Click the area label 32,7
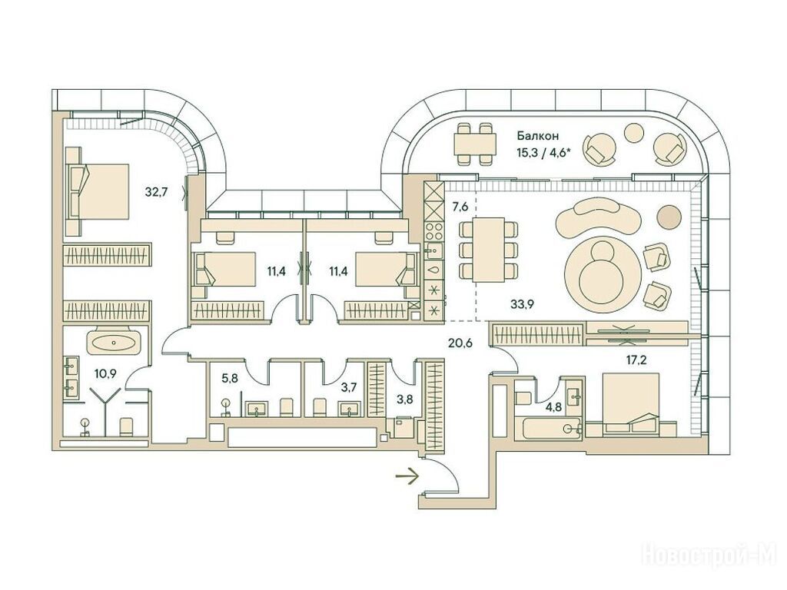coord(158,192)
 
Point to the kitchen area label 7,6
coord(460,206)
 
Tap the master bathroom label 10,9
coord(105,373)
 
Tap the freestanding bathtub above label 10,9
coord(113,343)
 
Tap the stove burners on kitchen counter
coord(433,227)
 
